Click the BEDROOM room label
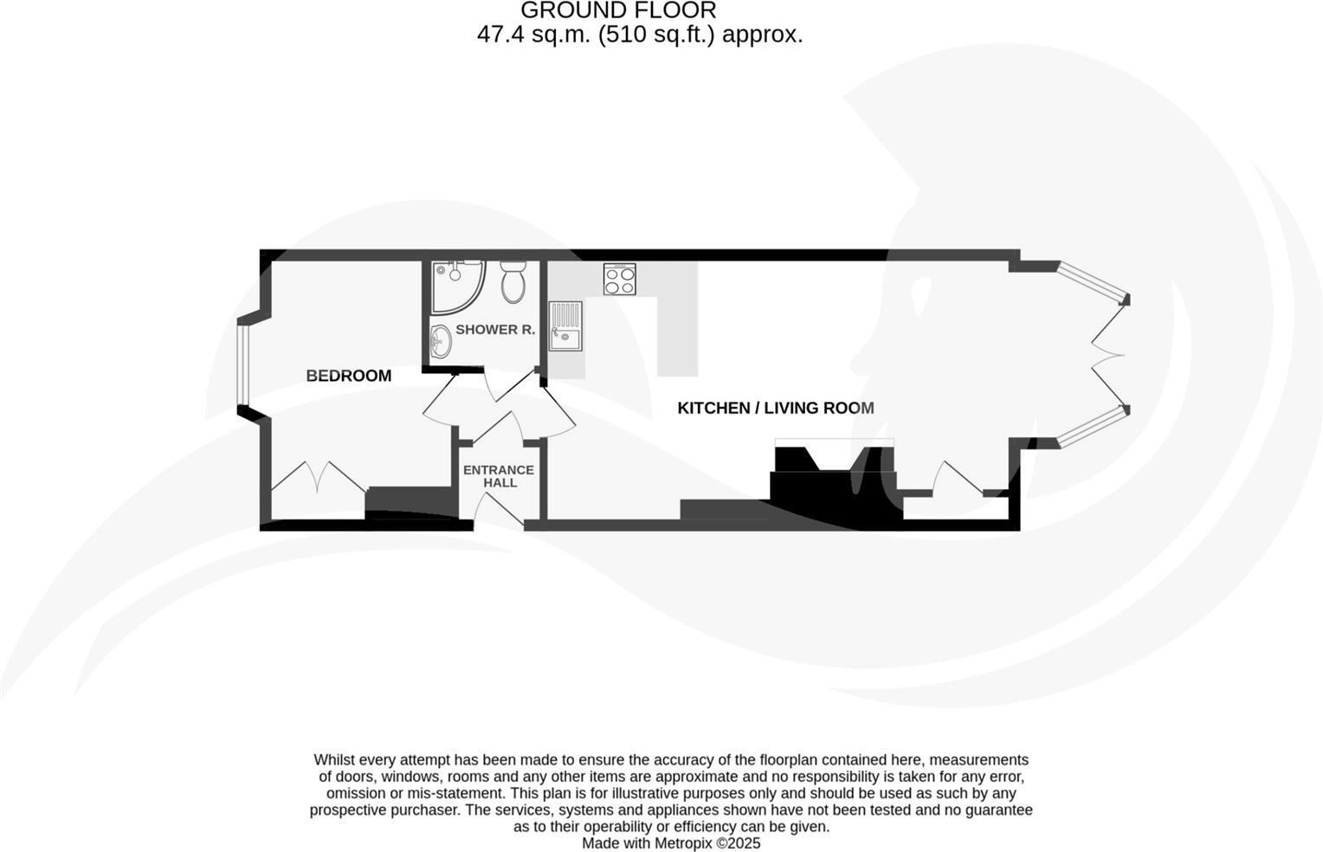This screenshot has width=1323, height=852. click(x=348, y=376)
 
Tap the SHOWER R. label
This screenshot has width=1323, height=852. click(x=495, y=330)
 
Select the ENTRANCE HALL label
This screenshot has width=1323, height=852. click(x=499, y=476)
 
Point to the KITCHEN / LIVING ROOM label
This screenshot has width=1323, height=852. click(x=775, y=408)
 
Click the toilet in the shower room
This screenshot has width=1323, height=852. click(x=513, y=281)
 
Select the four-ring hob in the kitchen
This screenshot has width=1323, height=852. click(x=619, y=279)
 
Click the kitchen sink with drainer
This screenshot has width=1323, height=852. click(x=565, y=326)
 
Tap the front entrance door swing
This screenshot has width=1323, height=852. click(x=500, y=511)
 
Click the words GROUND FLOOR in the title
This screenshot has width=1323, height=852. click(x=618, y=10)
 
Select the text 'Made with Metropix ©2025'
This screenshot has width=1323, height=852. click(x=670, y=842)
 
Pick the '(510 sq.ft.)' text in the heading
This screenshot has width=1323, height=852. click(x=657, y=35)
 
